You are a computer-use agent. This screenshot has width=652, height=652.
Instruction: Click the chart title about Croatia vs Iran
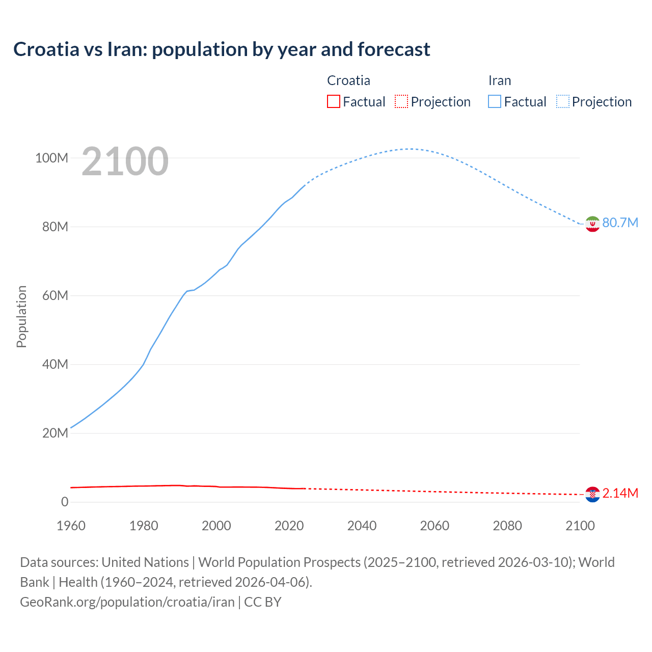pos(222,49)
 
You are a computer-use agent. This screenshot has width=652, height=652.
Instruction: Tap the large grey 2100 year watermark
pos(125,161)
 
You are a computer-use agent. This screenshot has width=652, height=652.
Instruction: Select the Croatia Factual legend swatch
pos(333,101)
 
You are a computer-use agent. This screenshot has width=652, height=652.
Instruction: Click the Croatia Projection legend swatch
pos(401,101)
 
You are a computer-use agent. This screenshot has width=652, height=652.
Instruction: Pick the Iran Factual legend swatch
pos(494,101)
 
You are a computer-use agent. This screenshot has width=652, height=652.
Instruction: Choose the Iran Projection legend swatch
pos(563,101)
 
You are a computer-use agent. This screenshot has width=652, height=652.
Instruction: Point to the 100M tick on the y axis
pos(51,158)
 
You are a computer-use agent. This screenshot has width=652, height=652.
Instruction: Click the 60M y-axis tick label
pos(55,295)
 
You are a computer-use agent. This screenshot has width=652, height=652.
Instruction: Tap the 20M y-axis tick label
pos(55,433)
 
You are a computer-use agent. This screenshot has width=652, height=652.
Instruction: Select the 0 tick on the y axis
pos(64,502)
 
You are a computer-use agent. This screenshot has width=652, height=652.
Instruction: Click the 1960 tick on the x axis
pos(71,526)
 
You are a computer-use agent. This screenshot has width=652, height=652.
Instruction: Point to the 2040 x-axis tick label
pos(362,526)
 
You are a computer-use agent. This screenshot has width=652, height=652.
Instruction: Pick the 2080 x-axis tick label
pos(507,526)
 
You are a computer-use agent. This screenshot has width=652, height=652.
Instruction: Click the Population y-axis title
pos(21,316)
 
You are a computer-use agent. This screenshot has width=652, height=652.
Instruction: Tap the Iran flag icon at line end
pos(592,224)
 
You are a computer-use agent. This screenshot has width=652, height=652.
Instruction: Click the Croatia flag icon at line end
pos(592,494)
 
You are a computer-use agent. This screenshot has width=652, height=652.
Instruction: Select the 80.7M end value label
pos(620,223)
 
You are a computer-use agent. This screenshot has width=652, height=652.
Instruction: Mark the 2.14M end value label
pos(620,493)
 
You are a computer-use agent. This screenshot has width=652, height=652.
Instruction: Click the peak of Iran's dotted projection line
pos(410,149)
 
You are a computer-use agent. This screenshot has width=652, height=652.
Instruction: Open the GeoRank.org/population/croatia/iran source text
pos(127,602)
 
